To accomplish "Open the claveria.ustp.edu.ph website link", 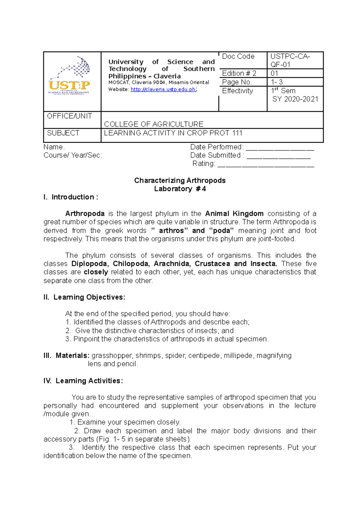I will pyautogui.click(x=163, y=89).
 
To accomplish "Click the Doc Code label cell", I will pyautogui.click(x=238, y=56).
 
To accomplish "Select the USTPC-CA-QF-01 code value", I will pyautogui.click(x=290, y=60).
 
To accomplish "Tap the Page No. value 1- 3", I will pyautogui.click(x=277, y=82).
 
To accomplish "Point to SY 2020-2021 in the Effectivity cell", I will pyautogui.click(x=295, y=99).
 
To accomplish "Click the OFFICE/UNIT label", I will pyautogui.click(x=70, y=116).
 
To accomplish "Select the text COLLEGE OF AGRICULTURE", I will pyautogui.click(x=154, y=124).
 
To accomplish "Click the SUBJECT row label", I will pyautogui.click(x=63, y=133).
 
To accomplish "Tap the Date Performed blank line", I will pyautogui.click(x=280, y=148).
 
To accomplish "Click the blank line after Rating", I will pyautogui.click(x=265, y=165).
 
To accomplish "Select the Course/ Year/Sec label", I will pyautogui.click(x=73, y=155).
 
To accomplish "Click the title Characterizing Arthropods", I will pyautogui.click(x=180, y=180).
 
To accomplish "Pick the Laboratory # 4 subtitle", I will pyautogui.click(x=180, y=189).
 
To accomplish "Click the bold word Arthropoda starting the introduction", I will pyautogui.click(x=85, y=214).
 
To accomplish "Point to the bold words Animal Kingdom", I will pyautogui.click(x=234, y=214).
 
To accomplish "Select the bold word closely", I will pyautogui.click(x=96, y=272).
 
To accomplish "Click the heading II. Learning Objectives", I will pyautogui.click(x=84, y=297).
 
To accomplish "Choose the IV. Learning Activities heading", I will pyautogui.click(x=83, y=381).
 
